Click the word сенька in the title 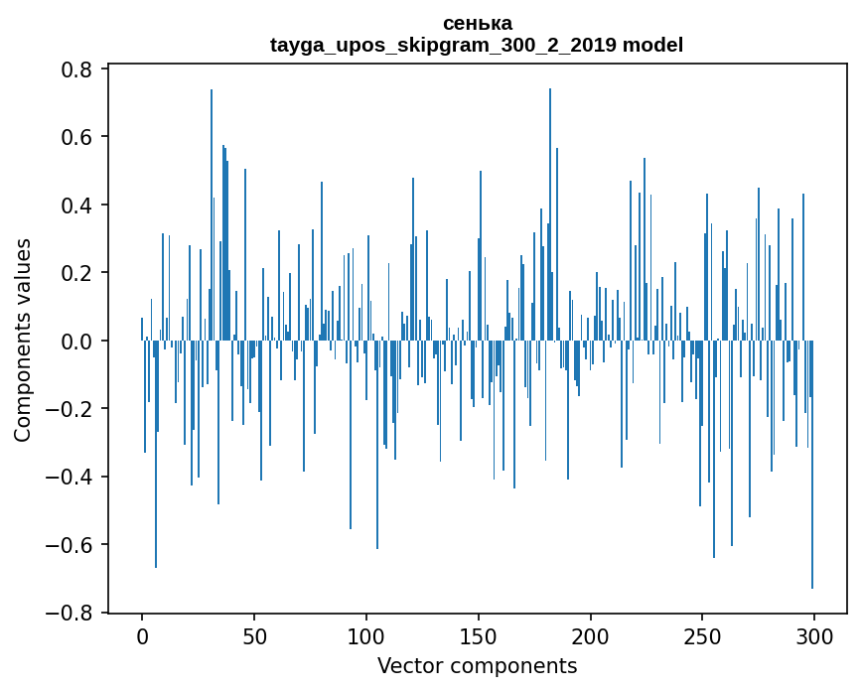(477, 23)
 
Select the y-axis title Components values (23, 340)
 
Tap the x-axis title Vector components (477, 665)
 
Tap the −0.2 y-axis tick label (72, 409)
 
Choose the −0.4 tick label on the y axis (72, 478)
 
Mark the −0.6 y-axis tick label (72, 545)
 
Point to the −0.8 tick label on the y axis (72, 613)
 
